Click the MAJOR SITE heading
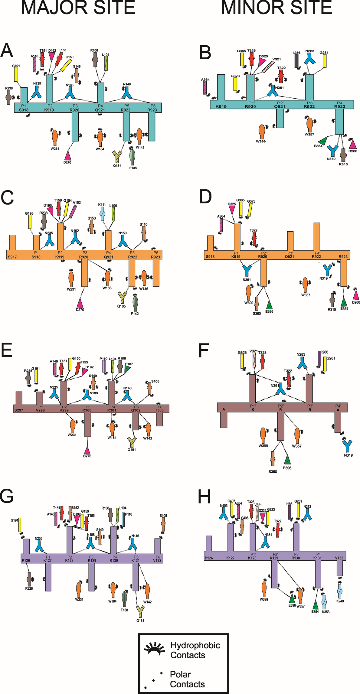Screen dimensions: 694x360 78,8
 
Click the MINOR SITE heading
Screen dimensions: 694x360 277,8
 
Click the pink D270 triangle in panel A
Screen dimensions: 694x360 68,155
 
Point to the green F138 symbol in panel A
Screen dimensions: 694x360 132,157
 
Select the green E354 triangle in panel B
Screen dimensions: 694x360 323,141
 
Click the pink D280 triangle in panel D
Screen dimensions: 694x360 356,295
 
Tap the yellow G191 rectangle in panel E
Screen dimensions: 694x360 36,376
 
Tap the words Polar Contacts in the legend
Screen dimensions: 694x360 187,679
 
